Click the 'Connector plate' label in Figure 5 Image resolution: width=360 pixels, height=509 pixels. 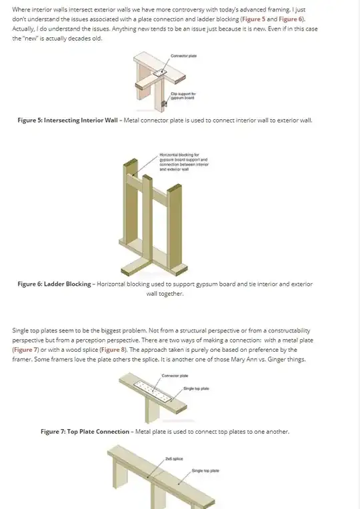click(x=183, y=56)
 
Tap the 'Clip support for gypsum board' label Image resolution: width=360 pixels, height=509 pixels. click(x=183, y=96)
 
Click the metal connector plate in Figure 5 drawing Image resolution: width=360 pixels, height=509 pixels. click(x=159, y=73)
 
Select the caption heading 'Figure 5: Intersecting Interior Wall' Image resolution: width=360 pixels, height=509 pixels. click(x=67, y=121)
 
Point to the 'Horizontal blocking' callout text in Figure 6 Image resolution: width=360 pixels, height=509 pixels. click(x=183, y=162)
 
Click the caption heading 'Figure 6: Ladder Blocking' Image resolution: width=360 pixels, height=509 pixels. click(x=54, y=284)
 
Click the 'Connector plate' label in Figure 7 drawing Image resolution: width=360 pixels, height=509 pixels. click(x=175, y=376)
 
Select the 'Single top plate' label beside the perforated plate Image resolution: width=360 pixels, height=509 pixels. click(x=196, y=388)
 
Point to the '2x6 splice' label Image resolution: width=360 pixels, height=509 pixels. click(x=174, y=458)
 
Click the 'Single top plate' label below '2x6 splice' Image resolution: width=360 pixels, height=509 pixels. click(x=205, y=471)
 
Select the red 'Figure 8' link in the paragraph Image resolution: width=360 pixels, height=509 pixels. click(x=113, y=350)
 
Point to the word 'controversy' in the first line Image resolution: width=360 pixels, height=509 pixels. click(x=188, y=10)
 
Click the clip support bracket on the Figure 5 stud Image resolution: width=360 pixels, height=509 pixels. click(x=165, y=104)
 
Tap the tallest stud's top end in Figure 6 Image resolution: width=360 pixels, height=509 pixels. click(x=130, y=162)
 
